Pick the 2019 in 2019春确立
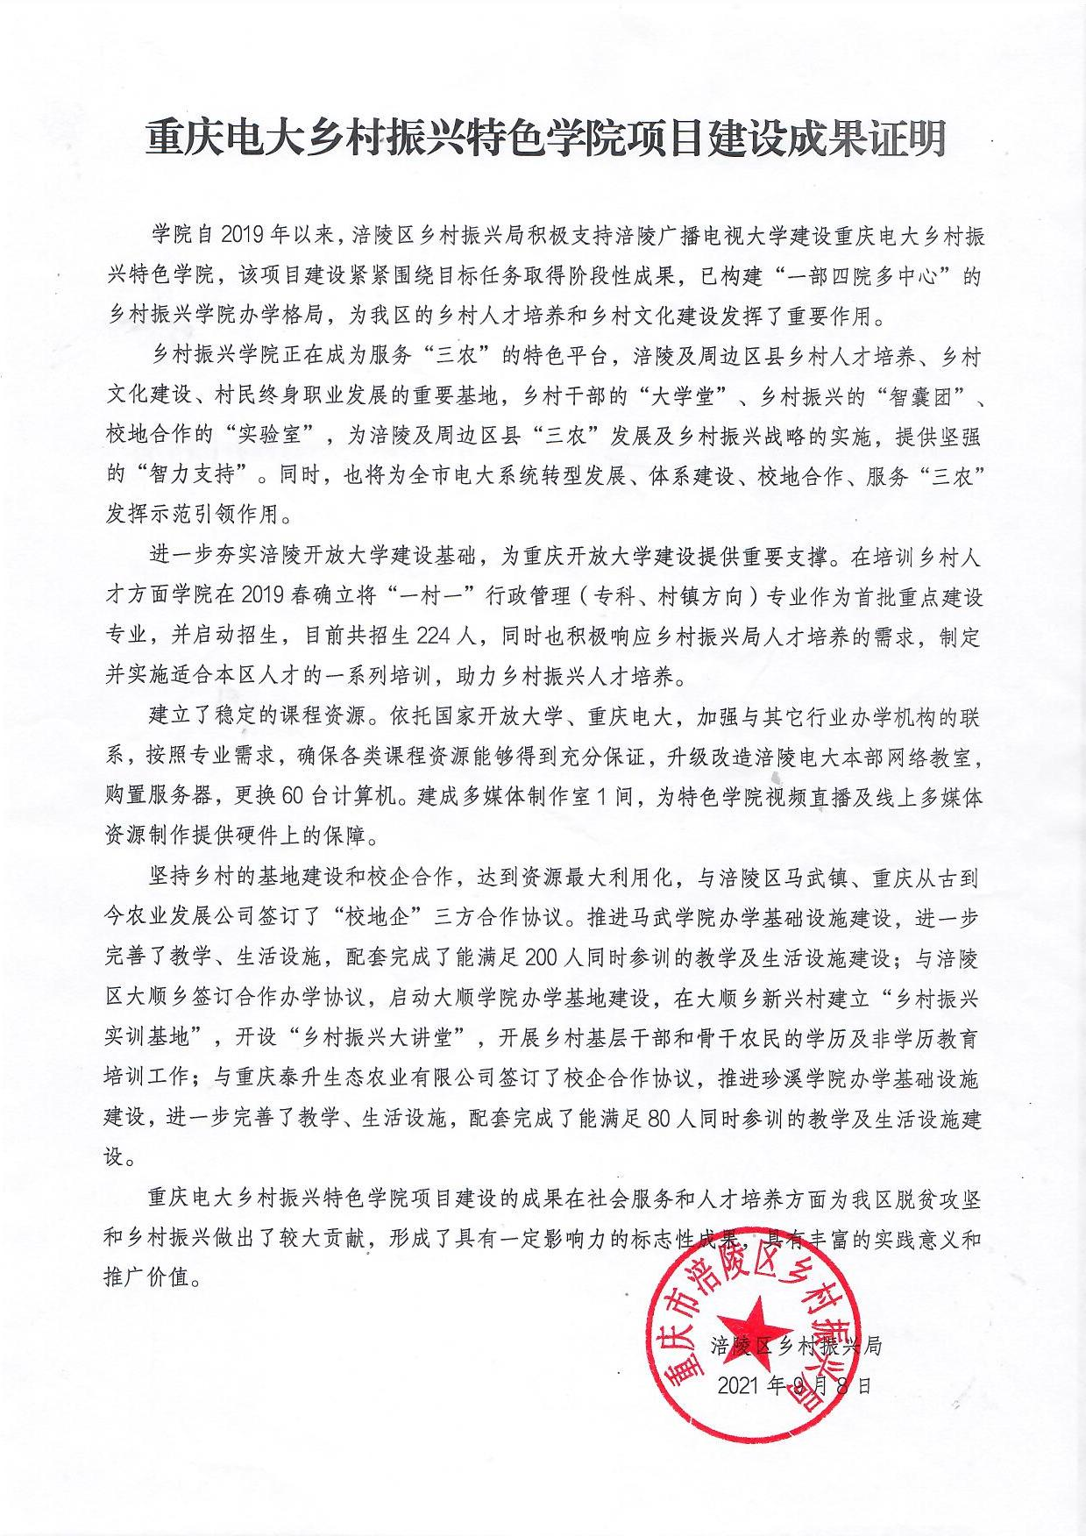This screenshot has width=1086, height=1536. (x=308, y=596)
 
